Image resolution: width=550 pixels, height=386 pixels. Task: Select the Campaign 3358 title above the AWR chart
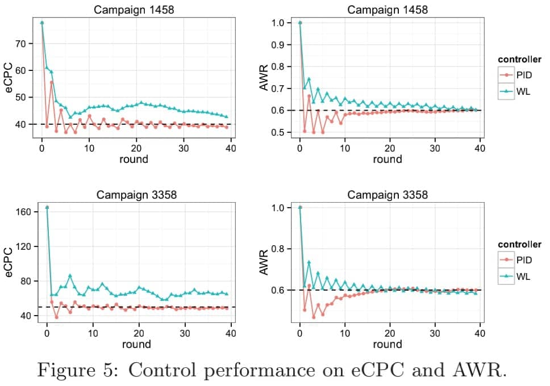388,195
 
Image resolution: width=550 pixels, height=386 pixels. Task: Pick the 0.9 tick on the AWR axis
282,45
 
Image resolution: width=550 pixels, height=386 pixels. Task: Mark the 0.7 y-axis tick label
282,89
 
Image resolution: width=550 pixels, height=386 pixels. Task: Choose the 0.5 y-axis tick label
282,132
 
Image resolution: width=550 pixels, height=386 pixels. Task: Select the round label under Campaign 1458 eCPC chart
134,160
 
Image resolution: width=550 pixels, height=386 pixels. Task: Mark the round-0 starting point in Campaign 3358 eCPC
47,208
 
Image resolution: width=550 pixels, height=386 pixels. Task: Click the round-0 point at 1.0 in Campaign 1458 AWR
300,23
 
